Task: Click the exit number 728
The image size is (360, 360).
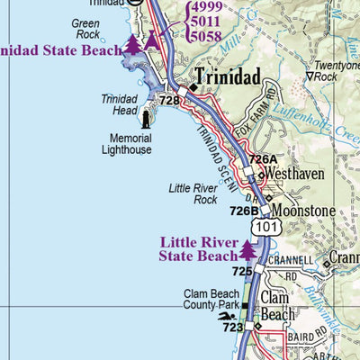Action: click(x=169, y=101)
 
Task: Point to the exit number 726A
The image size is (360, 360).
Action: click(x=263, y=159)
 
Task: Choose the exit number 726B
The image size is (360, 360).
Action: click(x=244, y=211)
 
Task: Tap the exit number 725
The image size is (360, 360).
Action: click(x=241, y=271)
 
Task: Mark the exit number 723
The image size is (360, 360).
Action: click(x=232, y=328)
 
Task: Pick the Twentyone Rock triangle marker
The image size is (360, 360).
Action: click(x=310, y=77)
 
